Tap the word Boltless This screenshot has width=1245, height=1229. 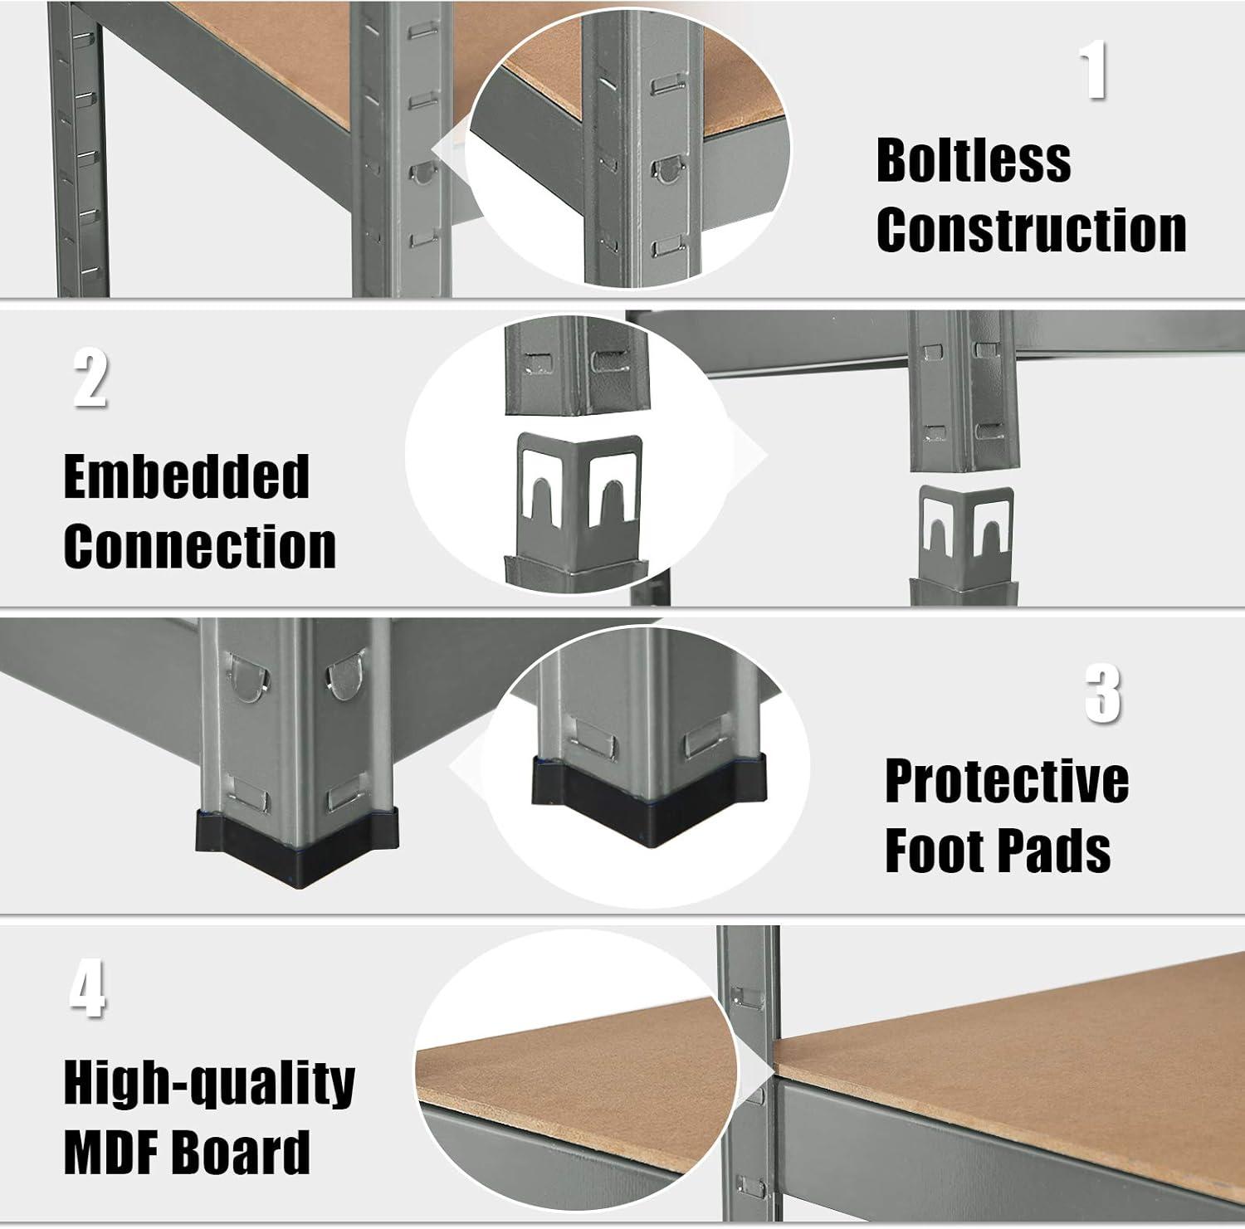pos(974,160)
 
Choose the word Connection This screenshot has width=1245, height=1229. pos(200,546)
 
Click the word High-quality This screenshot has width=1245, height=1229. pos(210,1084)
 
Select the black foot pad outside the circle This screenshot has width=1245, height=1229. pos(296,847)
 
